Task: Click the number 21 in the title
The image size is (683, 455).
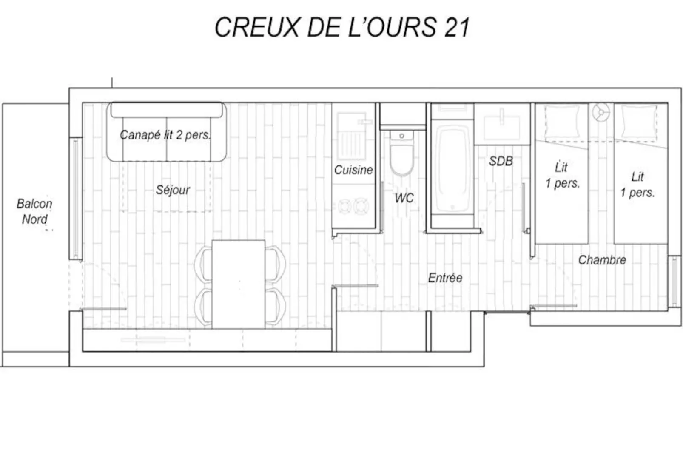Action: [457, 27]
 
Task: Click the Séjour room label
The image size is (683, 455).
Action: [173, 190]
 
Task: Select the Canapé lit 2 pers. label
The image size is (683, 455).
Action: [165, 135]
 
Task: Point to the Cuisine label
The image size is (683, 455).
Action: [353, 170]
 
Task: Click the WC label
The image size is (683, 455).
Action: [404, 198]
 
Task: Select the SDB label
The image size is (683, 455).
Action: [501, 161]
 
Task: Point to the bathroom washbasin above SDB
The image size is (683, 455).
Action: [502, 123]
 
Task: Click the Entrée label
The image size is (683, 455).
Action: [445, 278]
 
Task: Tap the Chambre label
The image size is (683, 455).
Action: [602, 260]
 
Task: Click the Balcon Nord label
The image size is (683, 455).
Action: [34, 211]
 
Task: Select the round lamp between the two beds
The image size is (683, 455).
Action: [601, 112]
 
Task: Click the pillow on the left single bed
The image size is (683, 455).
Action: [562, 122]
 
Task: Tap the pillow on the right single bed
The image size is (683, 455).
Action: [639, 122]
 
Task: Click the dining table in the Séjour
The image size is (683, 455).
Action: [238, 284]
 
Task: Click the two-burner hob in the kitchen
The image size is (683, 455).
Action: [353, 207]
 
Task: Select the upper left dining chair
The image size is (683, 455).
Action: [203, 264]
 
